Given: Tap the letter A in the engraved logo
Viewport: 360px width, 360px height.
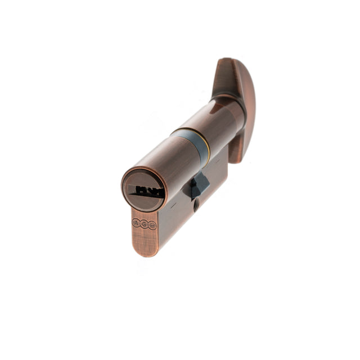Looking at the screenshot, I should pos(136,223).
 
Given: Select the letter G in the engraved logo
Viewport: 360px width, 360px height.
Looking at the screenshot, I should pos(144,224).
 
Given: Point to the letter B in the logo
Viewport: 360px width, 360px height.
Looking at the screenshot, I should pos(152,225).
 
